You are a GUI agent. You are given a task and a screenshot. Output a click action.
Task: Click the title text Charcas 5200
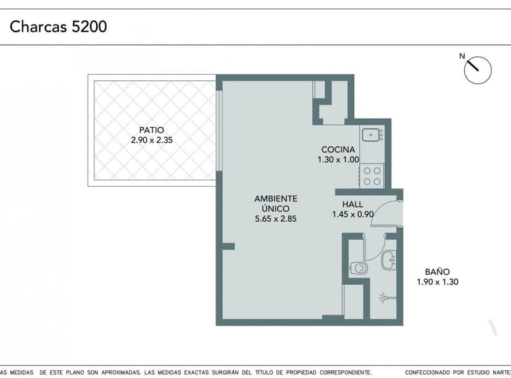click(59, 27)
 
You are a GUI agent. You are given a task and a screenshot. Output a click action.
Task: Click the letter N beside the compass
click(462, 56)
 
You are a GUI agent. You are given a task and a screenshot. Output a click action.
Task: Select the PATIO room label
click(152, 130)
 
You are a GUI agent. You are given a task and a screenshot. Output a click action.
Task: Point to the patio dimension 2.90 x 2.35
click(152, 140)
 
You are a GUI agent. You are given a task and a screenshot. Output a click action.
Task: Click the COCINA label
click(338, 149)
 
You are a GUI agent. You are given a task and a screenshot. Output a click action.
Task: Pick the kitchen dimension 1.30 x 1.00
click(338, 159)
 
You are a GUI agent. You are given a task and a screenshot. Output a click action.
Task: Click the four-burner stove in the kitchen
click(372, 176)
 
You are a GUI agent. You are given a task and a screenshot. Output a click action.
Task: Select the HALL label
click(352, 204)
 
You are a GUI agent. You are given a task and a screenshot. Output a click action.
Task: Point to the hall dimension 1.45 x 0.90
click(352, 214)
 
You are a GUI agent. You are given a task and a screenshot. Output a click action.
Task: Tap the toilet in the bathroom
click(359, 268)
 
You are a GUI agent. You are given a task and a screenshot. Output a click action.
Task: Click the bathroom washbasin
click(389, 260)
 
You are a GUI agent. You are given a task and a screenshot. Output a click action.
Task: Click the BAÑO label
click(438, 271)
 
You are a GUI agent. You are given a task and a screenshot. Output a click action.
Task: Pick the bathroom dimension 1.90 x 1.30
click(438, 282)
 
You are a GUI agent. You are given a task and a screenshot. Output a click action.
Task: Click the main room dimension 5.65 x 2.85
click(276, 219)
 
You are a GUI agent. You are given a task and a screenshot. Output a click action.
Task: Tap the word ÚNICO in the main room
click(276, 208)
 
